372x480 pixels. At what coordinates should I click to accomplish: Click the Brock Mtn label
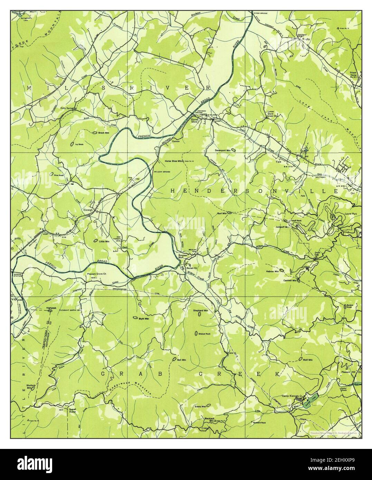pyautogui.click(x=104, y=133)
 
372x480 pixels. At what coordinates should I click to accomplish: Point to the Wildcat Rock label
pyautogui.click(x=206, y=334)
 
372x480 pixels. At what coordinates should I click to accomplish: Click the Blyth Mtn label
pyautogui.click(x=143, y=319)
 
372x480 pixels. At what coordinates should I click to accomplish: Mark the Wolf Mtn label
pyautogui.click(x=307, y=359)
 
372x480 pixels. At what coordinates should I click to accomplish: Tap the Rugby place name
pyautogui.click(x=306, y=39)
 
